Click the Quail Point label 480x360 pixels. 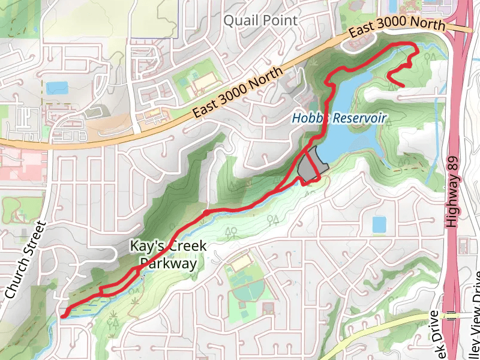tap(260, 20)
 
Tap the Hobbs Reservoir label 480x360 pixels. tap(340, 118)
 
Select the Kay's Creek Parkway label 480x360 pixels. tap(168, 254)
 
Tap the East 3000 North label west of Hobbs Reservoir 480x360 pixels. tap(238, 93)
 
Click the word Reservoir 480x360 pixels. tap(361, 118)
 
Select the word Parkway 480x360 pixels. tap(168, 263)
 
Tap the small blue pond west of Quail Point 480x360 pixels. tap(58, 88)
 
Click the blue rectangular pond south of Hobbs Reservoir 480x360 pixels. tap(379, 224)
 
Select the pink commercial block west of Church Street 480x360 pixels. tap(24, 165)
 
